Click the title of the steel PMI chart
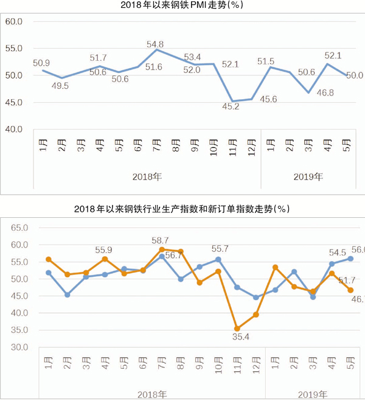coord(182,7)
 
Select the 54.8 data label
coord(155,44)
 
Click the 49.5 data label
coord(60,86)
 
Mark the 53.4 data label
coord(192,57)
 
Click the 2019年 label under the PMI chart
coord(308,176)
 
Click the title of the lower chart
coord(182,209)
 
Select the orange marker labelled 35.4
coord(237,329)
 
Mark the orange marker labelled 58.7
coord(162,249)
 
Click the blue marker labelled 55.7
coord(218,259)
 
